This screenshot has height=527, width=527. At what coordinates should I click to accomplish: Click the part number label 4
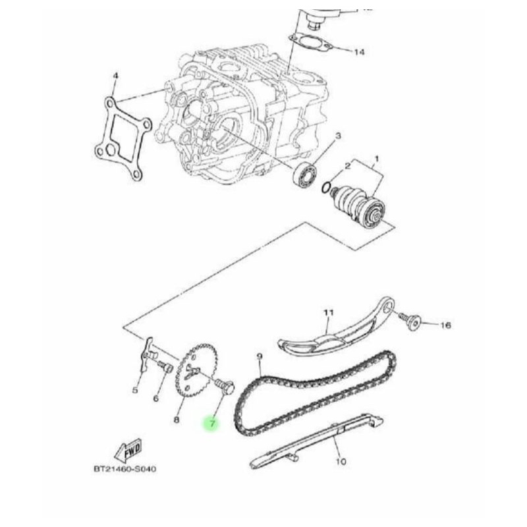[x=115, y=76]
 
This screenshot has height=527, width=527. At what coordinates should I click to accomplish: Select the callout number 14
[x=358, y=51]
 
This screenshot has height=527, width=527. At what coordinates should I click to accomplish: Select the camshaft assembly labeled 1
[x=360, y=206]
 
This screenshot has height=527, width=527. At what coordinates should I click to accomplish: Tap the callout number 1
[x=376, y=158]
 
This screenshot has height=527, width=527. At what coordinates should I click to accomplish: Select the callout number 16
[x=445, y=325]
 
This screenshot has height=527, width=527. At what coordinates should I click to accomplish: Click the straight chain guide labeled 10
[x=316, y=438]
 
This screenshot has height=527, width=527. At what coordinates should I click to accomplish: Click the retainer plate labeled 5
[x=146, y=356]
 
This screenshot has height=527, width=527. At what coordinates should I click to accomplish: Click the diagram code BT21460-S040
[x=125, y=469]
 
